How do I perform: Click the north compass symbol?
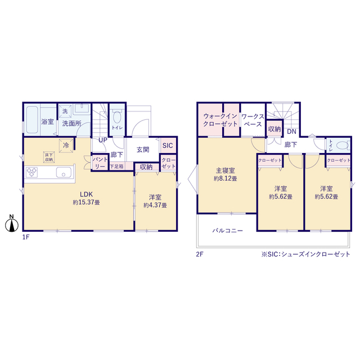(x=11, y=223)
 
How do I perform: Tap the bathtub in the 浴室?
(x=32, y=120)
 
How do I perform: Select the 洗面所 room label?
(x=71, y=124)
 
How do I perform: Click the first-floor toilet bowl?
(x=117, y=117)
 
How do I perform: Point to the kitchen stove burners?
(x=31, y=172)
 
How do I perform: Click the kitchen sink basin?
(x=64, y=172)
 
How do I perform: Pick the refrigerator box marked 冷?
(x=66, y=145)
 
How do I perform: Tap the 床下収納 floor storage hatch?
(x=49, y=157)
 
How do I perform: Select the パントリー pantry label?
(x=100, y=163)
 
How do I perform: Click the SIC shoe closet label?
(x=168, y=145)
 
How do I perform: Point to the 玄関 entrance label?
(x=143, y=150)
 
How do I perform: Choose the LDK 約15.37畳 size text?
(x=86, y=202)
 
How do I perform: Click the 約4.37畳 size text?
(x=155, y=205)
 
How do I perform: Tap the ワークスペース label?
(x=253, y=120)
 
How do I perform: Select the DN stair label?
(x=291, y=132)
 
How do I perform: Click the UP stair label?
(x=102, y=140)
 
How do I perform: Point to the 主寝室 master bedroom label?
(x=225, y=170)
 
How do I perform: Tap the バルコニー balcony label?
(x=227, y=231)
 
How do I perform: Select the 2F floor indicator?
(x=200, y=254)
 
